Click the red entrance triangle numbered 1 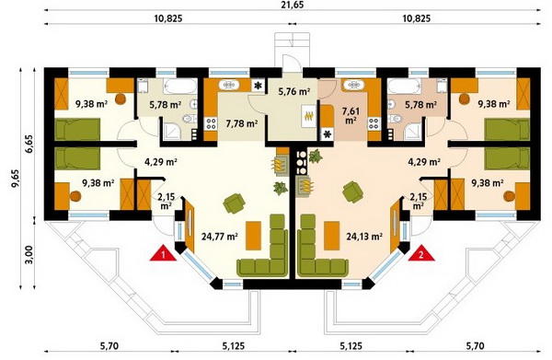[x=163, y=253]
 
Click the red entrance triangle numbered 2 [x=421, y=253]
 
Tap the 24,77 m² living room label [x=219, y=236]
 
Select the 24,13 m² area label [x=364, y=236]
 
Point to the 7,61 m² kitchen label [x=352, y=115]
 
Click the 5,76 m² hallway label [x=294, y=92]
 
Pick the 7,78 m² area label [x=241, y=123]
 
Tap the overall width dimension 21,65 [x=293, y=5]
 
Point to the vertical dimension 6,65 [x=29, y=144]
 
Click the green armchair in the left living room [x=234, y=203]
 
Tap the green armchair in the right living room [x=353, y=192]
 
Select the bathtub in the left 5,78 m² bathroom [x=180, y=86]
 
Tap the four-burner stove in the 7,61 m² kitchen [x=374, y=123]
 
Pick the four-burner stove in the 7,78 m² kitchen [x=211, y=123]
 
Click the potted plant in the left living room [x=281, y=188]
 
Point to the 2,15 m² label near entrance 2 [x=419, y=201]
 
